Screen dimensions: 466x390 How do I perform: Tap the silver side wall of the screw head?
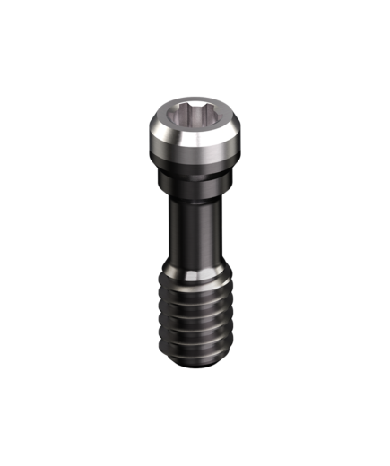193,141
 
